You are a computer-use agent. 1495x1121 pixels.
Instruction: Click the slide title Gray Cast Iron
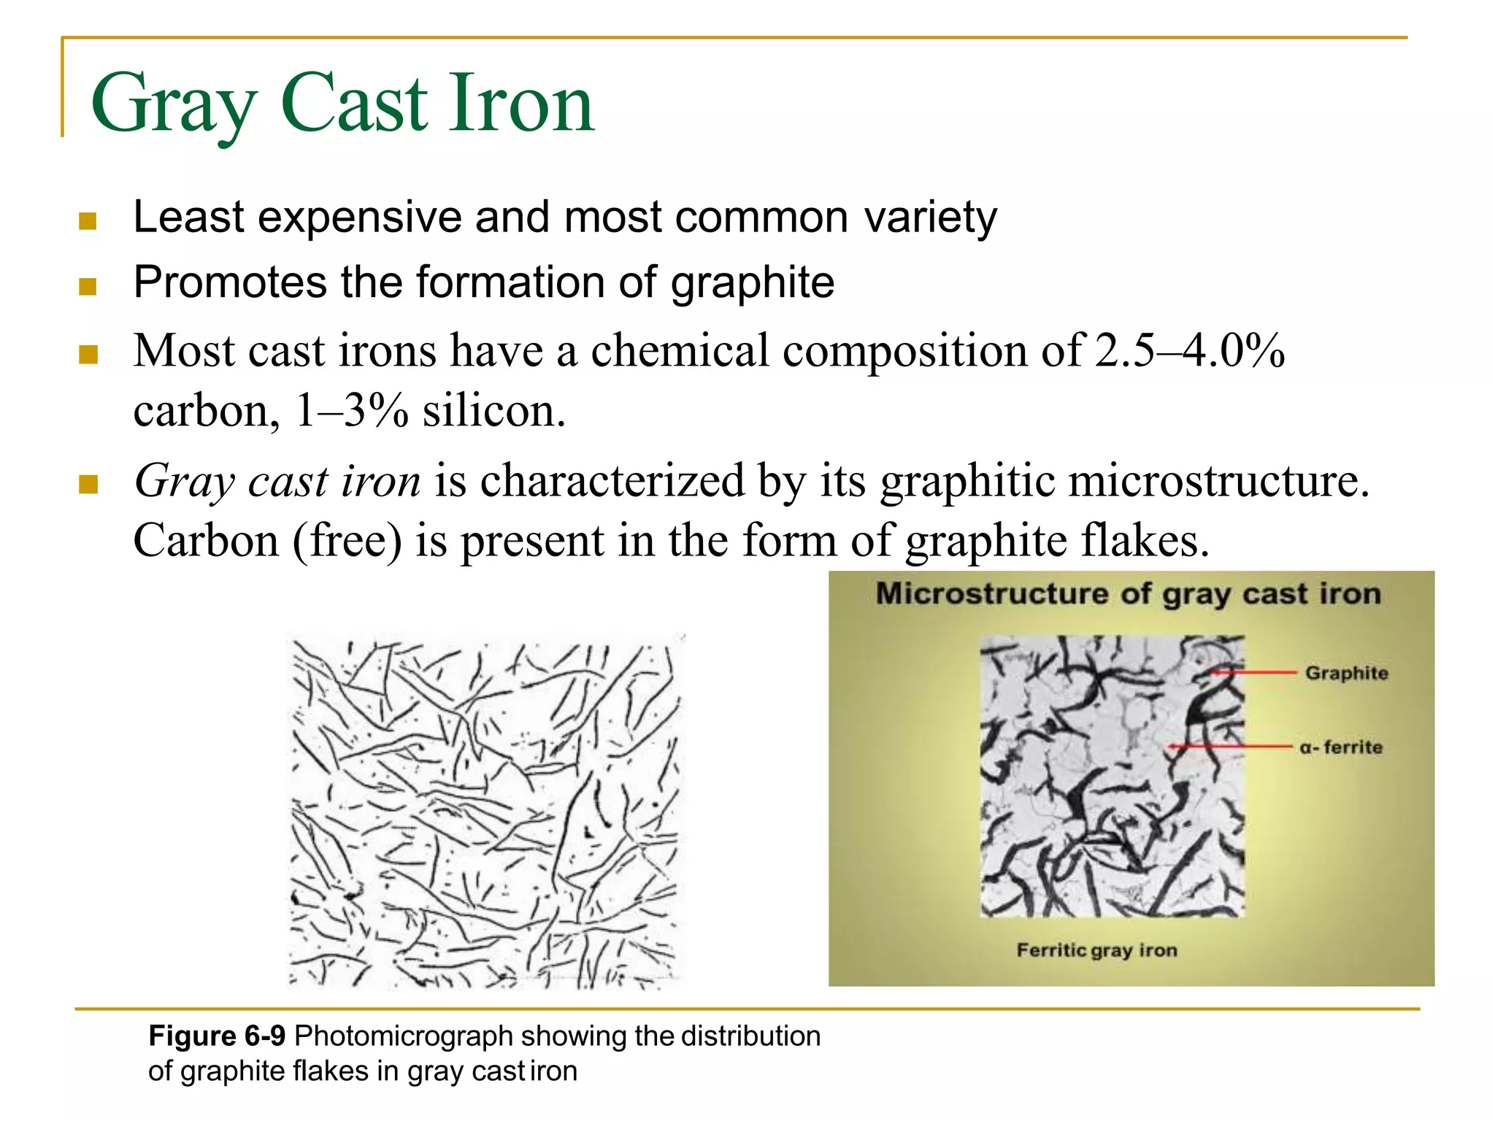(x=343, y=104)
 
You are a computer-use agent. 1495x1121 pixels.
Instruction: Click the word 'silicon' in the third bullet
(x=493, y=411)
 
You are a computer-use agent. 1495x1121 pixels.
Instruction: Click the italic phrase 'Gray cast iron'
(x=277, y=482)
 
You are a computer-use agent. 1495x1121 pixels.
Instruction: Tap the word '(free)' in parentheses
(x=347, y=541)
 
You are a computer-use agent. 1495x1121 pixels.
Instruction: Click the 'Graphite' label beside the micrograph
(x=1346, y=673)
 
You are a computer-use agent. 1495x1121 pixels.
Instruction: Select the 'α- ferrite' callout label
(x=1341, y=747)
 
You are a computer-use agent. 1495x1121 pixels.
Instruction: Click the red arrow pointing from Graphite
(x=1252, y=672)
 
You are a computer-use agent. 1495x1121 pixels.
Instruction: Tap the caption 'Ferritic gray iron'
(x=1096, y=950)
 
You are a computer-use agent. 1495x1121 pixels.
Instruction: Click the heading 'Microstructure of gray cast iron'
(x=1129, y=594)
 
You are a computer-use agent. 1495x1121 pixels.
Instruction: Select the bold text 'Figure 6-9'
(x=217, y=1036)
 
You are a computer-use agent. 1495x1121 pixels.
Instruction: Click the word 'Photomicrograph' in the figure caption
(x=404, y=1036)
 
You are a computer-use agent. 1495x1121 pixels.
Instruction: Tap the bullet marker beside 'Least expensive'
(x=88, y=220)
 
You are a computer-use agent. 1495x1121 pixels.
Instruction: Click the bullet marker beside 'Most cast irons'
(x=88, y=355)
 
